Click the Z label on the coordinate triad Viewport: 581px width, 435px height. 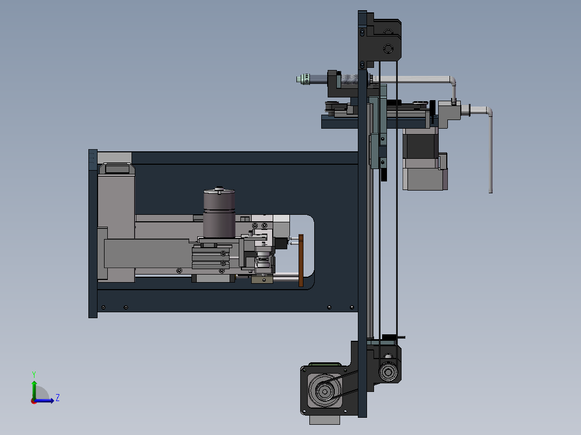coord(57,398)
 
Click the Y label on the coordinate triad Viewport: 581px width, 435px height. coord(33,374)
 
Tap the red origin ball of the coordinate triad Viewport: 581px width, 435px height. coord(33,401)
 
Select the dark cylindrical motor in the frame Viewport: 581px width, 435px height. coord(219,213)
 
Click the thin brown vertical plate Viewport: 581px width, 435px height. coord(301,261)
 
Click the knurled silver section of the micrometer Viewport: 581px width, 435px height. coord(350,80)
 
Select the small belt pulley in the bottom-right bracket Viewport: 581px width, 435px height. coord(387,372)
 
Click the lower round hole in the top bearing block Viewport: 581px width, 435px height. coord(388,50)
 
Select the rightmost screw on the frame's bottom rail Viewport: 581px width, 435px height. coord(351,307)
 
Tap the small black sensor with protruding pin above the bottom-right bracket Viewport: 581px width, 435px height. coord(389,338)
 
